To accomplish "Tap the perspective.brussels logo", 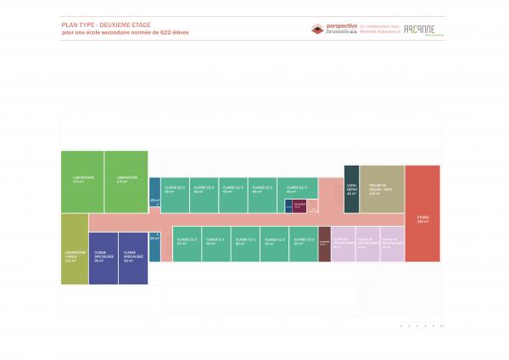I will (x=334, y=29).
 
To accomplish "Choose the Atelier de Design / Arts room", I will (x=380, y=192).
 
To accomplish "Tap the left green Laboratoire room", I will (x=82, y=181).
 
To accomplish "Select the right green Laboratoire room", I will (x=126, y=181).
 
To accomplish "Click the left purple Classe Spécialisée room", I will (x=103, y=257).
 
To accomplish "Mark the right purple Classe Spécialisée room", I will (x=131, y=257).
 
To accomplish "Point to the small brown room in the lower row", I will (x=324, y=244).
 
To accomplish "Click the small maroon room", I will (x=299, y=206).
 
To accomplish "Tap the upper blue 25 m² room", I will (x=154, y=192).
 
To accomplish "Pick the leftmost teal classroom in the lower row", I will (x=187, y=245).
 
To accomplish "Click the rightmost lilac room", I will (x=393, y=244).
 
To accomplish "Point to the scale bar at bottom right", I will (x=422, y=325).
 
